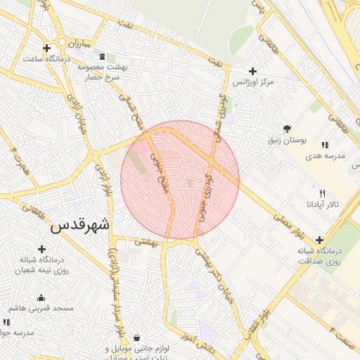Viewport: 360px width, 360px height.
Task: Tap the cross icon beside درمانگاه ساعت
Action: (x=46, y=49)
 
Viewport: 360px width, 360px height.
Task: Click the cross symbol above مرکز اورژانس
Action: (x=253, y=71)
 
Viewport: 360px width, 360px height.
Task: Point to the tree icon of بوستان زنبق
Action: (x=287, y=129)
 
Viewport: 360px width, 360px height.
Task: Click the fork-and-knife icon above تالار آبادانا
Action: (x=322, y=193)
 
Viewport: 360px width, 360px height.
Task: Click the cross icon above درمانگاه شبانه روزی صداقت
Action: (x=320, y=239)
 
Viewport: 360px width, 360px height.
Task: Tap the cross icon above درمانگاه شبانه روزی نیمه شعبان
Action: (x=41, y=249)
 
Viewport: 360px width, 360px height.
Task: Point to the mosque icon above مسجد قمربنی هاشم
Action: (x=41, y=297)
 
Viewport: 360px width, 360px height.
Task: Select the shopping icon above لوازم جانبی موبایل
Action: (x=136, y=337)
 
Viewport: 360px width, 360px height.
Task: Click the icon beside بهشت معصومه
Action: (x=103, y=56)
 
